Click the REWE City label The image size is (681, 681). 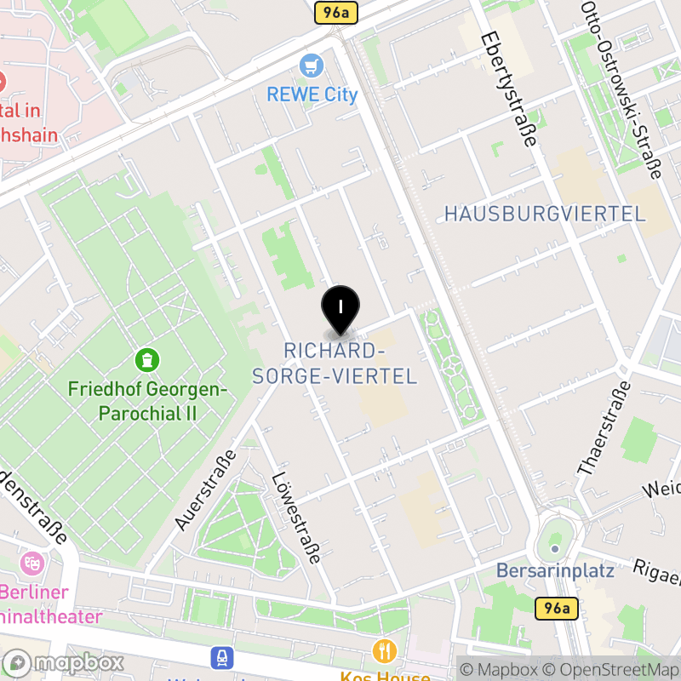(312, 94)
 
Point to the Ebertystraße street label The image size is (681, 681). (507, 89)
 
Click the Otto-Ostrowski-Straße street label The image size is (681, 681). (621, 89)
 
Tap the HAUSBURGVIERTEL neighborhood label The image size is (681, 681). (545, 214)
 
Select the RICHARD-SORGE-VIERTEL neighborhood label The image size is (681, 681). (335, 363)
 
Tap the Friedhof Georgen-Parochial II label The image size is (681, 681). (149, 402)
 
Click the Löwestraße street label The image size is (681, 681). (295, 519)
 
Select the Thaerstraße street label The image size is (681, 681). (605, 427)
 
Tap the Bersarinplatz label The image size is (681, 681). (555, 570)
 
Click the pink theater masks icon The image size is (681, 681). (33, 563)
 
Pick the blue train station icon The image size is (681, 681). (223, 658)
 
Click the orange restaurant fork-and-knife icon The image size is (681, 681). (385, 651)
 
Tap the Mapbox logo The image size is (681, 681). (64, 663)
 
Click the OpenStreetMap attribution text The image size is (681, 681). (611, 670)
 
